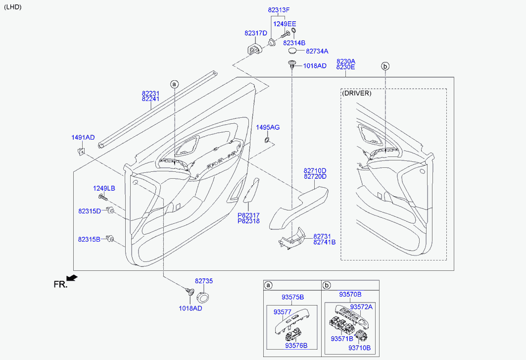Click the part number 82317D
[255, 33]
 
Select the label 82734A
[317, 51]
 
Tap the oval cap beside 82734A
[294, 50]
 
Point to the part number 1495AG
[268, 127]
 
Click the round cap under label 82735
[203, 297]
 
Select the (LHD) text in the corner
[13, 7]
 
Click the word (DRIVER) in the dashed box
[356, 93]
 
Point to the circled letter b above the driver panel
[385, 66]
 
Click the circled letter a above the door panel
[174, 84]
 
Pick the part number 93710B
[359, 348]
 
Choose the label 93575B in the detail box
[292, 297]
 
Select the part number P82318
[248, 221]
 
